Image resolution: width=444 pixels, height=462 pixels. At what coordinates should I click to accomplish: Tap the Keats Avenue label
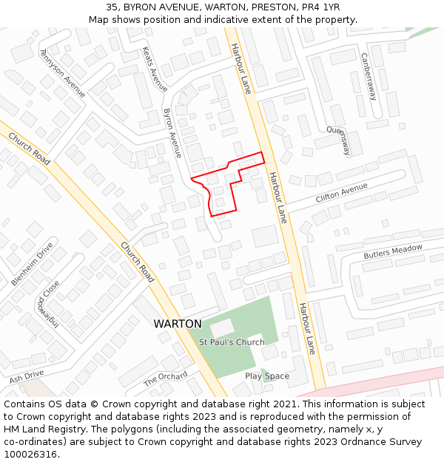pyautogui.click(x=154, y=69)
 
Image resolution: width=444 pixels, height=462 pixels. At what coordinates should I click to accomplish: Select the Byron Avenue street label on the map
pyautogui.click(x=172, y=133)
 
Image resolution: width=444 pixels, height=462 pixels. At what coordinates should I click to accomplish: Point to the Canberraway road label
pyautogui.click(x=369, y=76)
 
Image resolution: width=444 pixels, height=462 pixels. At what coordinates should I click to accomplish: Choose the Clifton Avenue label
pyautogui.click(x=341, y=194)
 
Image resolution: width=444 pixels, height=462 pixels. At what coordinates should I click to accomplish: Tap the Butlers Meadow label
pyautogui.click(x=392, y=251)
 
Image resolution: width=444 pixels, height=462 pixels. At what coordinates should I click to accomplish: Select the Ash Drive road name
pyautogui.click(x=27, y=376)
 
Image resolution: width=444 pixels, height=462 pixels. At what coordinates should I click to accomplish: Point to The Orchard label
pyautogui.click(x=165, y=379)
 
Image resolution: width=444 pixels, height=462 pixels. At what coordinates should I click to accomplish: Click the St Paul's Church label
pyautogui.click(x=232, y=342)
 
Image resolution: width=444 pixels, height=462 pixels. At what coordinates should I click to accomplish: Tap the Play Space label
pyautogui.click(x=267, y=376)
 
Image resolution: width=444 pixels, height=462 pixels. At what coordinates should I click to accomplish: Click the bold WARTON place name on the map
pyautogui.click(x=177, y=324)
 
